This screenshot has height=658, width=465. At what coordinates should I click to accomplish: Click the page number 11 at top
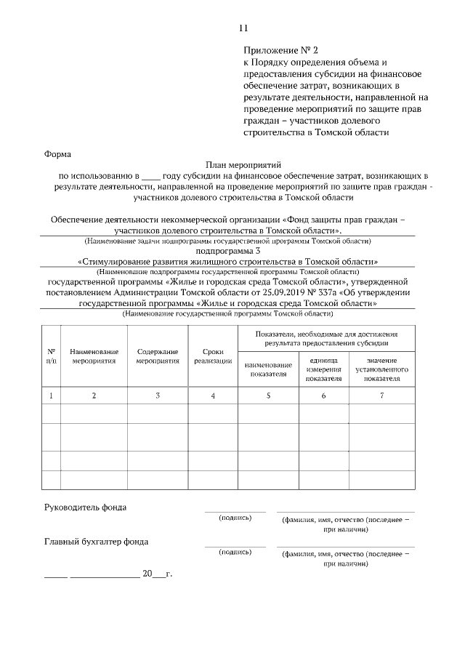pyautogui.click(x=243, y=28)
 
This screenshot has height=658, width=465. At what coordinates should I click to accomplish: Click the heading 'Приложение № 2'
pyautogui.click(x=281, y=50)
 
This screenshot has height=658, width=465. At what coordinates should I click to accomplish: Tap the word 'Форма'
pyautogui.click(x=58, y=154)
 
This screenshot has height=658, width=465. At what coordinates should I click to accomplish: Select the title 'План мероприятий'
pyautogui.click(x=242, y=165)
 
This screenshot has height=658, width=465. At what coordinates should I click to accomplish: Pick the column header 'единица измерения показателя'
pyautogui.click(x=323, y=369)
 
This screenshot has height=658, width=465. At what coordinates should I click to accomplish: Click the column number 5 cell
pyautogui.click(x=268, y=396)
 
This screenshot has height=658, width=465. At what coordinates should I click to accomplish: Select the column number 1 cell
pyautogui.click(x=51, y=396)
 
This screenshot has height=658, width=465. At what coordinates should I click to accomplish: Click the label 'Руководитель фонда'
pyautogui.click(x=86, y=507)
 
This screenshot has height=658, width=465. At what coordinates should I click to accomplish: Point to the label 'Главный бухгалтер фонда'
pyautogui.click(x=97, y=542)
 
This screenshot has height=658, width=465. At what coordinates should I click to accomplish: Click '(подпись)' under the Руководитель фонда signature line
pyautogui.click(x=235, y=518)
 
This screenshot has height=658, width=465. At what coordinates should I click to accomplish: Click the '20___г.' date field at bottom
pyautogui.click(x=157, y=574)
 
